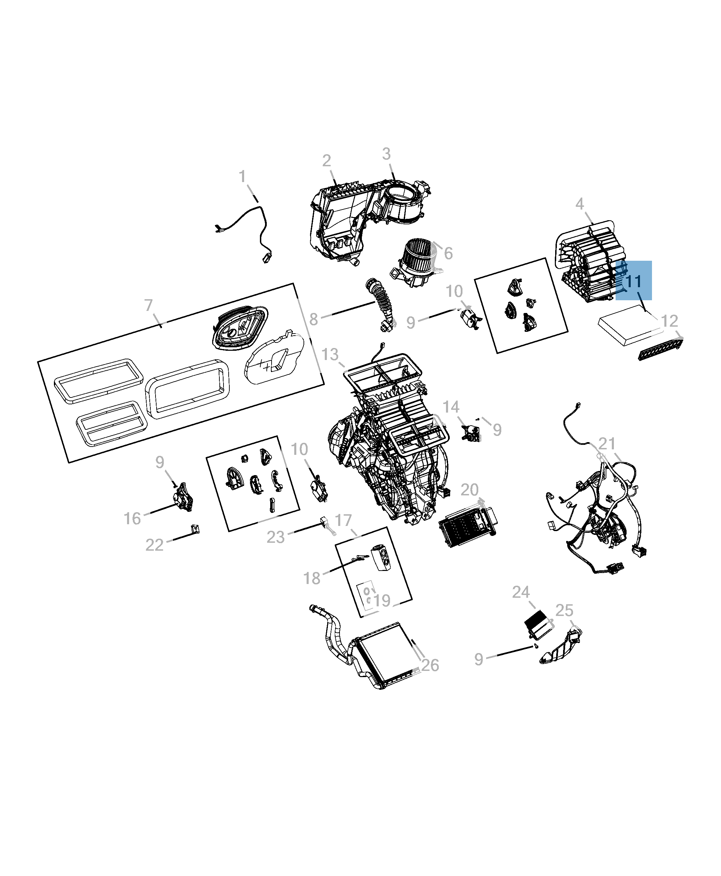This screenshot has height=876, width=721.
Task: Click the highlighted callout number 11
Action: tap(633, 282)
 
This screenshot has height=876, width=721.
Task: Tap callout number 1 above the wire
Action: tap(242, 176)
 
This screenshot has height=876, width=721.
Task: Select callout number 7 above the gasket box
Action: tap(149, 305)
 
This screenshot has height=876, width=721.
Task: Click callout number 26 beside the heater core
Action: tap(430, 665)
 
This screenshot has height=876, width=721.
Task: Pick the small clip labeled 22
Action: tap(194, 529)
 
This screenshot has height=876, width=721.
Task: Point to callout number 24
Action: tap(521, 592)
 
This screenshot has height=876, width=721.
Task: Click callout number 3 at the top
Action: tap(386, 154)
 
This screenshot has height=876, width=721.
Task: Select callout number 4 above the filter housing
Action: tap(580, 204)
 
